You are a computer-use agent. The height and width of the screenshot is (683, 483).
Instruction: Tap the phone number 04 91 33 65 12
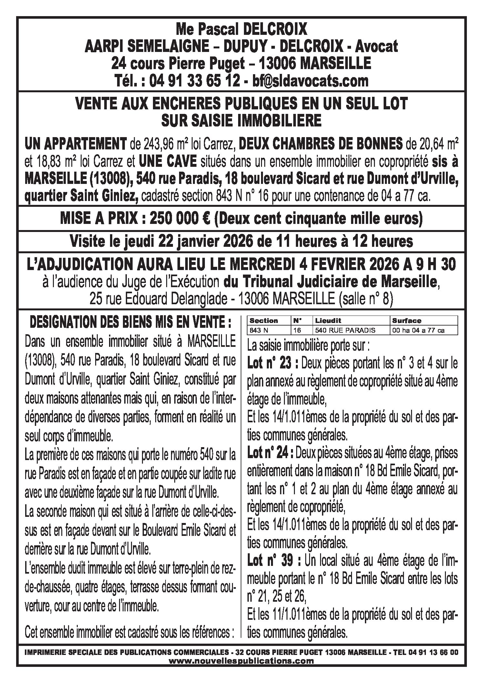196,81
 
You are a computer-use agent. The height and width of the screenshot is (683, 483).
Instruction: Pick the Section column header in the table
264,321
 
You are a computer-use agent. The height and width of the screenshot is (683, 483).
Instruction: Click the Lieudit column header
328,321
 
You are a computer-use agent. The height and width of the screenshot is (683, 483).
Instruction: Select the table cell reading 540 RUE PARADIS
345,330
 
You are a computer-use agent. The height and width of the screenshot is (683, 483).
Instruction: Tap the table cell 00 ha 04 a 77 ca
418,330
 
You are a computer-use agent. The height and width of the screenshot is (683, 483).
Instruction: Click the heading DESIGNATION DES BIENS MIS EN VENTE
131,322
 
